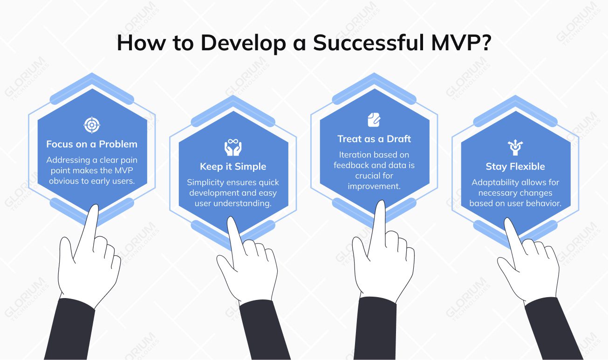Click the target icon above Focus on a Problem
92,125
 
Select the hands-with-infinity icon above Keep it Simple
233,147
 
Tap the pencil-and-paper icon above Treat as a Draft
374,119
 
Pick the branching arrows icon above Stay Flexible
515,147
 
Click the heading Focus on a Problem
92,144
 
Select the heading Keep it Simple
233,167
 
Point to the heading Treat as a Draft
374,139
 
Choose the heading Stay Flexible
515,167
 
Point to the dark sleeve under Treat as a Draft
377,328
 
